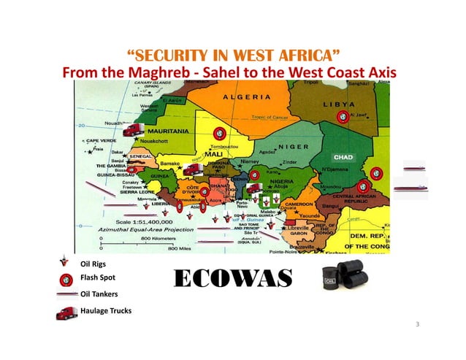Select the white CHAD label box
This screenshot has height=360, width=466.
tap(343, 157)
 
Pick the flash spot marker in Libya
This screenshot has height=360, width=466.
tap(342, 115)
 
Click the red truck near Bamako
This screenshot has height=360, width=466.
tap(191, 169)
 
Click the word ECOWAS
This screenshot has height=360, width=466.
tap(233, 279)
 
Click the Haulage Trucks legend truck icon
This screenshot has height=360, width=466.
tap(66, 313)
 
